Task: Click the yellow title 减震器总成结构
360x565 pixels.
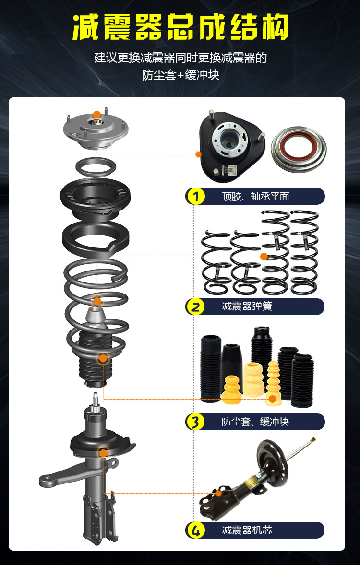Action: [x=180, y=28]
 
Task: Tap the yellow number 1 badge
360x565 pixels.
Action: [x=195, y=196]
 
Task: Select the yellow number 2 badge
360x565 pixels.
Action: [x=195, y=306]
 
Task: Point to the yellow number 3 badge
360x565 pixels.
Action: [x=195, y=422]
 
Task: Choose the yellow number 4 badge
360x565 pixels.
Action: [x=195, y=530]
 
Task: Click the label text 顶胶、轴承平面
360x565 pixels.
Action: [x=255, y=197]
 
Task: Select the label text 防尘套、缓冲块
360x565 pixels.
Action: [x=255, y=422]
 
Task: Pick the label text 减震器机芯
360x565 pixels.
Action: [x=247, y=530]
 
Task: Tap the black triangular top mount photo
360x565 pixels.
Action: [x=231, y=145]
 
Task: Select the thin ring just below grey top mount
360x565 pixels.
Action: [x=96, y=167]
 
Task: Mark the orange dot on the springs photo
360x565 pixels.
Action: [x=264, y=257]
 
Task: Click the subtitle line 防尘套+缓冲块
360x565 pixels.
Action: [x=180, y=75]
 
